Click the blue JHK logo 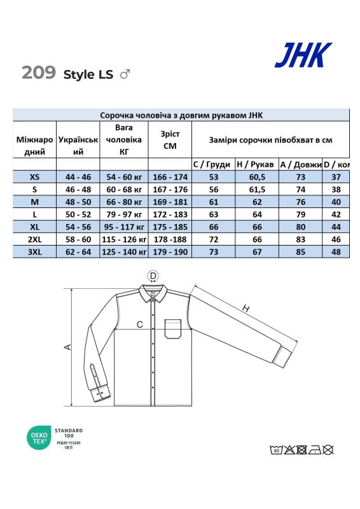303,55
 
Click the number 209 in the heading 39,73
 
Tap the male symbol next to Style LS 125,74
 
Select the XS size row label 34,176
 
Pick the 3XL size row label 34,253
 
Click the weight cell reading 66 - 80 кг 123,202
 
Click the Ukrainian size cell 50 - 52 78,214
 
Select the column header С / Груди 211,164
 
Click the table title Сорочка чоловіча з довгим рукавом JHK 181,115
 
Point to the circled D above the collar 153,275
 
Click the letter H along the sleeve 245,309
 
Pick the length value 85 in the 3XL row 300,253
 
